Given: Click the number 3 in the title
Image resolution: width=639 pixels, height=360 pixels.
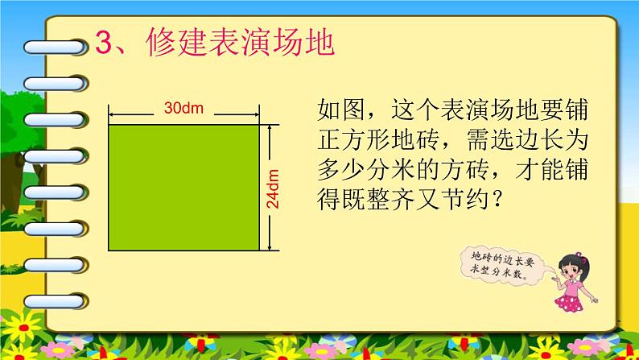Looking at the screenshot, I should (104, 43).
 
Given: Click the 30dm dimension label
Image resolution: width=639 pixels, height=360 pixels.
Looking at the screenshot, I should (183, 107).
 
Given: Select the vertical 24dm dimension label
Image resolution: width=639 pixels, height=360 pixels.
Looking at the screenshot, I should (274, 188).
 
